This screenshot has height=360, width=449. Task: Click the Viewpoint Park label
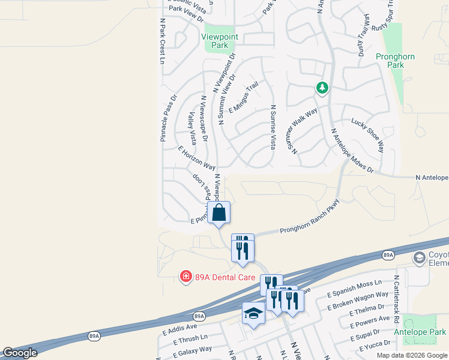click(x=219, y=41)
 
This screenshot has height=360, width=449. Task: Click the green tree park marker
click(x=322, y=88)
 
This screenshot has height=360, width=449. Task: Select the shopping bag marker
click(x=218, y=212)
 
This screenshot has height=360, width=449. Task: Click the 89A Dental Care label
click(x=226, y=277)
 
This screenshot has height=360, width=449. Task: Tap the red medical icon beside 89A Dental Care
click(x=186, y=277)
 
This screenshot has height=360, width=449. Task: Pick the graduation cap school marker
click(x=253, y=314)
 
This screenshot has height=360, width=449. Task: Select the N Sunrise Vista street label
click(x=273, y=127)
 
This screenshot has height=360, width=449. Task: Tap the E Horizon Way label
click(x=196, y=157)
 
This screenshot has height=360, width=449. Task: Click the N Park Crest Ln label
click(x=163, y=40)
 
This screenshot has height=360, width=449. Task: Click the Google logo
click(x=20, y=353)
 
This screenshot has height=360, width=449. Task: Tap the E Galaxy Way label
click(x=187, y=351)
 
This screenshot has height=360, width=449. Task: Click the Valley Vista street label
click(x=192, y=128)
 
